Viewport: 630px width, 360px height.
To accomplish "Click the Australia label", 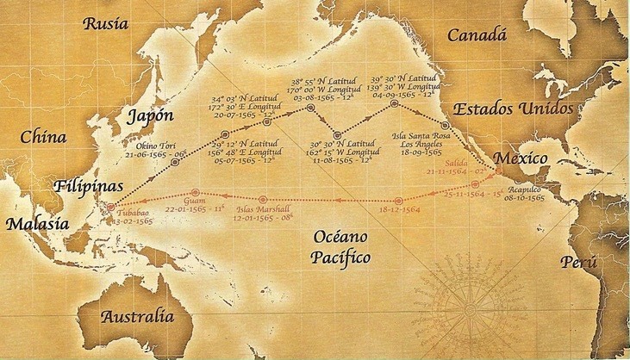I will (143, 317).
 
